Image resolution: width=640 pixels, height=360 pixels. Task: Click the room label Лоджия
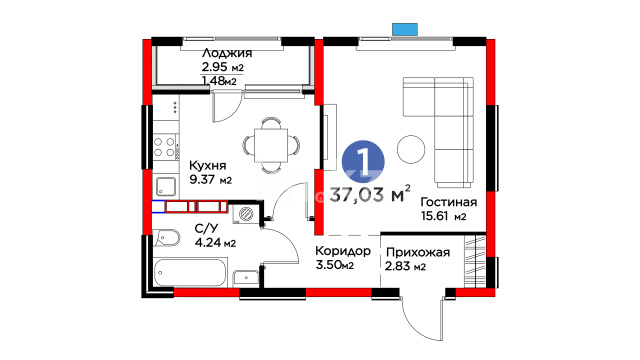(x=227, y=54)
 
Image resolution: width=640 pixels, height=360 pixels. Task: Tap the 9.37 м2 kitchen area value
(x=211, y=179)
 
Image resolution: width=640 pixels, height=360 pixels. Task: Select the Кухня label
(x=207, y=165)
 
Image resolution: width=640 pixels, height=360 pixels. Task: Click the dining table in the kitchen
(x=271, y=145)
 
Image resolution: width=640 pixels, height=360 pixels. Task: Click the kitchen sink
(x=166, y=187)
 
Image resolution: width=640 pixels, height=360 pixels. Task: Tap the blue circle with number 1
(x=363, y=162)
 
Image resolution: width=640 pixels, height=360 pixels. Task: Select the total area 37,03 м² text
(x=370, y=194)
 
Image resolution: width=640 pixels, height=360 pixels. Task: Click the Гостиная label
(x=449, y=202)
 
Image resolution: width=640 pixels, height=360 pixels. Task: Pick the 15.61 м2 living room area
(x=443, y=216)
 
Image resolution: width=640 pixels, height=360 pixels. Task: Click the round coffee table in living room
(x=411, y=149)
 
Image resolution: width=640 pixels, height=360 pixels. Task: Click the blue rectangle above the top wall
(x=405, y=29)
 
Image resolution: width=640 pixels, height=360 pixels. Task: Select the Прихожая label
(x=418, y=253)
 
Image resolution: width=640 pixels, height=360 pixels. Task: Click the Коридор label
(x=343, y=251)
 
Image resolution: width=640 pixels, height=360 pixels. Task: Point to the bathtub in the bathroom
(x=190, y=272)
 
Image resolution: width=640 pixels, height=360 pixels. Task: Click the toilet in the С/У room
(x=167, y=238)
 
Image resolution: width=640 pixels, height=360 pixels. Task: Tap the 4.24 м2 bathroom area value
(x=215, y=243)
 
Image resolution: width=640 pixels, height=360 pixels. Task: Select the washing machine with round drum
(x=245, y=214)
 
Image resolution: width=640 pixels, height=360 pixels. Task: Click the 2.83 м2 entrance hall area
(x=405, y=267)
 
